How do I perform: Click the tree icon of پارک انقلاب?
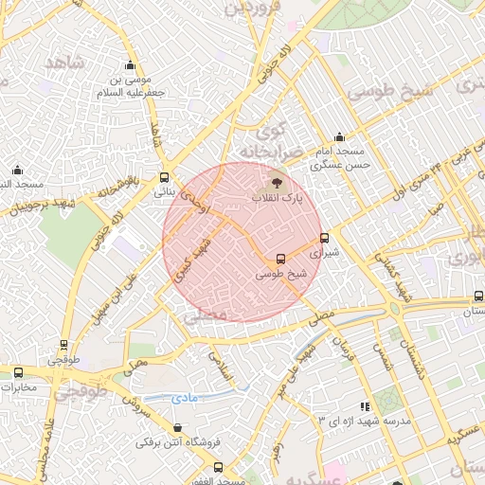coord(277,181)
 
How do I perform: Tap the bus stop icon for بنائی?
coord(165,176)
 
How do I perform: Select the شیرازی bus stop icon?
coord(326,239)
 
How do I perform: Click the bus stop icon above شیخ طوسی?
coord(280,259)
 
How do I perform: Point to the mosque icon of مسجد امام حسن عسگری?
coord(340,137)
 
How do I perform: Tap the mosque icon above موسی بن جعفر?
coord(131,65)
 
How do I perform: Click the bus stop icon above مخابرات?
coord(18,371)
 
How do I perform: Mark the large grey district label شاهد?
coord(64,63)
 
